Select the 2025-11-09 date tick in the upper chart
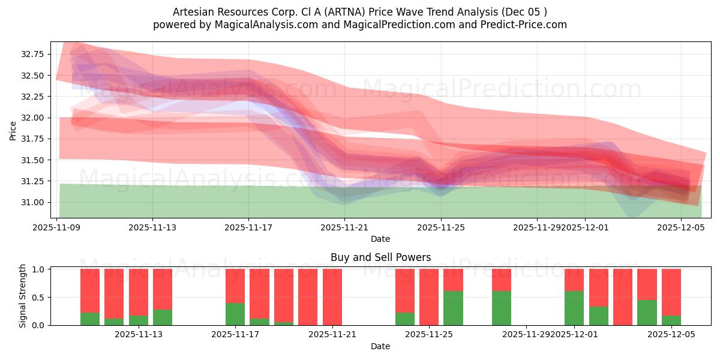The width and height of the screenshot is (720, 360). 56,228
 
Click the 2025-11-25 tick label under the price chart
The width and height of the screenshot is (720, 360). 441,228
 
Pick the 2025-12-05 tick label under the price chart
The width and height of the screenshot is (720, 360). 681,228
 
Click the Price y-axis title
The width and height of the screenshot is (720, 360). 13,130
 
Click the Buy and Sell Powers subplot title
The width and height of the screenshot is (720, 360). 380,257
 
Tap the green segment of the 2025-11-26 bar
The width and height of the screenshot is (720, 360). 453,308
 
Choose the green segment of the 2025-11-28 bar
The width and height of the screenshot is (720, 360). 502,308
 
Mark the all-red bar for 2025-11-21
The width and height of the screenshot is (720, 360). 332,297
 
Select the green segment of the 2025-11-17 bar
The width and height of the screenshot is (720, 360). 235,314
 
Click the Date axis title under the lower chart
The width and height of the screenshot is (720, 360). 380,346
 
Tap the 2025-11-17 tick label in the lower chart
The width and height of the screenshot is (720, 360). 235,334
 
